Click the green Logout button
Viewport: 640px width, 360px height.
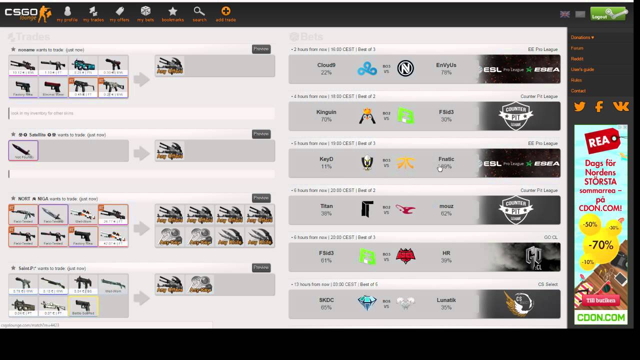pyautogui.click(x=608, y=14)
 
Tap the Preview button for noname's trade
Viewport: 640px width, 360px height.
pyautogui.click(x=261, y=49)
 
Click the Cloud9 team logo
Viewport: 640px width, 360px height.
pyautogui.click(x=367, y=68)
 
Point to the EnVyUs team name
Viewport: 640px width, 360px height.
pyautogui.click(x=446, y=65)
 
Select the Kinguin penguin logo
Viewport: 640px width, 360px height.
pyautogui.click(x=367, y=115)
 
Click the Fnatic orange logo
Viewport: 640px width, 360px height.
pyautogui.click(x=405, y=163)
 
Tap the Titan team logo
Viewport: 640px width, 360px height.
pyautogui.click(x=367, y=209)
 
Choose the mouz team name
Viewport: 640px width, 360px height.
pyautogui.click(x=446, y=206)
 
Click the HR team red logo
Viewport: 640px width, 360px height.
pyautogui.click(x=405, y=256)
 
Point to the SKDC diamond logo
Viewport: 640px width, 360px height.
pyautogui.click(x=367, y=303)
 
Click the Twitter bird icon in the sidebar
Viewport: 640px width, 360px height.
pyautogui.click(x=579, y=106)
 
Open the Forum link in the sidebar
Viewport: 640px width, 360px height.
pyautogui.click(x=577, y=48)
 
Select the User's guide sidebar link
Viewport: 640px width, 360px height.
pyautogui.click(x=582, y=69)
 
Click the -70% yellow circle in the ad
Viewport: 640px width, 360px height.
pyautogui.click(x=600, y=244)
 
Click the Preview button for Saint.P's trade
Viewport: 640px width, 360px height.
pyautogui.click(x=261, y=267)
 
